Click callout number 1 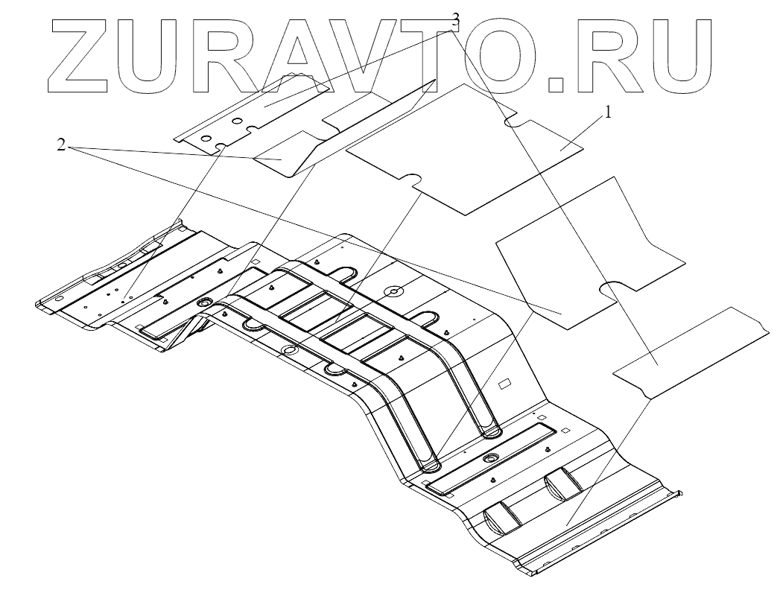pos(608,113)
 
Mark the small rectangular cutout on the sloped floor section pos(503,384)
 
